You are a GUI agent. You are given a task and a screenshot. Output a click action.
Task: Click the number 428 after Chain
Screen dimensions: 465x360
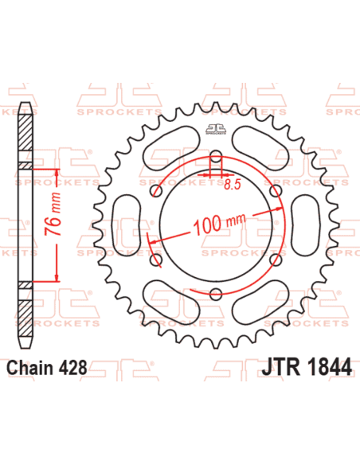point(71,368)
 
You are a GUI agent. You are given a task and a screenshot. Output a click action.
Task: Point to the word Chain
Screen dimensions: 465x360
point(29,368)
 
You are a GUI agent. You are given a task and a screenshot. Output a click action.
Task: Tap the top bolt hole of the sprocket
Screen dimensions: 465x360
point(215,157)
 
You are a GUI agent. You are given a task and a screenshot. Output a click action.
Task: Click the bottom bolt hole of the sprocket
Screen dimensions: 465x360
point(215,295)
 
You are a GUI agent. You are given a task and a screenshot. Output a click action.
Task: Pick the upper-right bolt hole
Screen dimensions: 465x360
point(275,191)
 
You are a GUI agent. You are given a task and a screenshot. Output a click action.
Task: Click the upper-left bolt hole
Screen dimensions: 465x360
point(155,191)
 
